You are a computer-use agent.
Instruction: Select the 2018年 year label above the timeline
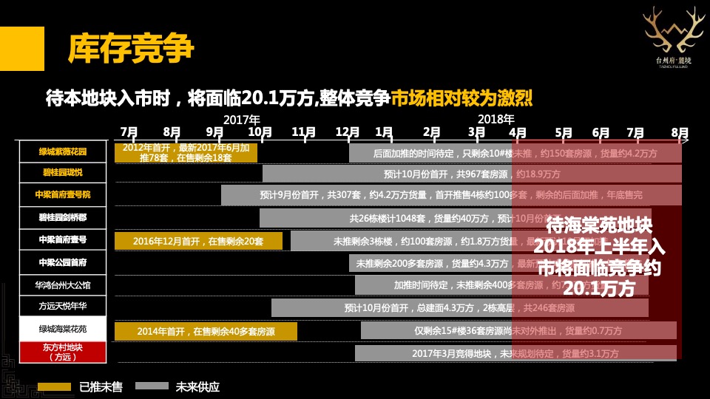click(x=496, y=119)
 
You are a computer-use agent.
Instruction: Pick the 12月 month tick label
click(x=348, y=132)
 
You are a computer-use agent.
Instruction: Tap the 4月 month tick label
click(x=518, y=132)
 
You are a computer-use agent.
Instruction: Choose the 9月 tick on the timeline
click(x=215, y=132)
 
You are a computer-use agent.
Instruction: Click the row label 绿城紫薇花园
click(x=63, y=152)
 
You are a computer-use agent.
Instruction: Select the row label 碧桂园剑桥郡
click(x=63, y=218)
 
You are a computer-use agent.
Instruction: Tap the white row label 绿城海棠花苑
click(x=63, y=329)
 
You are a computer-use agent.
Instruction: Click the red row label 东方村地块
click(x=63, y=352)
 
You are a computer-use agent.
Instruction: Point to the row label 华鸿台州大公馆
click(x=63, y=284)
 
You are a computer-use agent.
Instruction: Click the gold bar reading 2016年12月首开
click(x=198, y=241)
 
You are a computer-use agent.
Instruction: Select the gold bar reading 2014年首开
click(x=206, y=331)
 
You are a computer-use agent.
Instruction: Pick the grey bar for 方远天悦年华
click(x=459, y=307)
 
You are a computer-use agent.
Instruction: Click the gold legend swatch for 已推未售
click(x=54, y=386)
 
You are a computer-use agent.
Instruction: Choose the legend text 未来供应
click(x=197, y=386)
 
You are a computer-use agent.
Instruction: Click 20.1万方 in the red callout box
click(x=598, y=288)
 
